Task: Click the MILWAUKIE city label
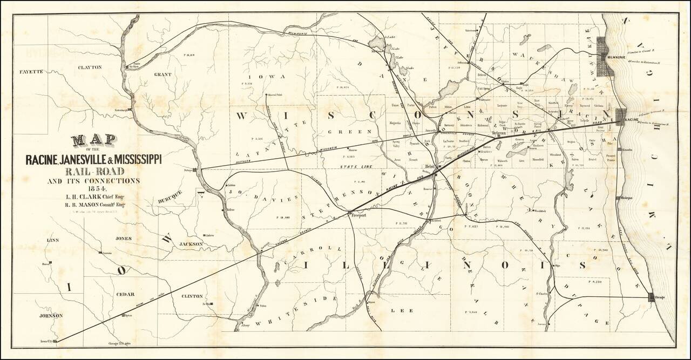tap(616, 56)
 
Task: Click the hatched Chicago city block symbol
tap(652, 297)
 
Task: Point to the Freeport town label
tap(359, 215)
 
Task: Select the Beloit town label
tap(431, 166)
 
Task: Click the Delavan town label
tap(498, 132)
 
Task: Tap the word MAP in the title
tap(94, 141)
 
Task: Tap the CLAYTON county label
tap(90, 67)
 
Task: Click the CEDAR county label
tap(125, 294)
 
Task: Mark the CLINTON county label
tap(193, 296)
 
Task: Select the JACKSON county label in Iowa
tap(191, 244)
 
